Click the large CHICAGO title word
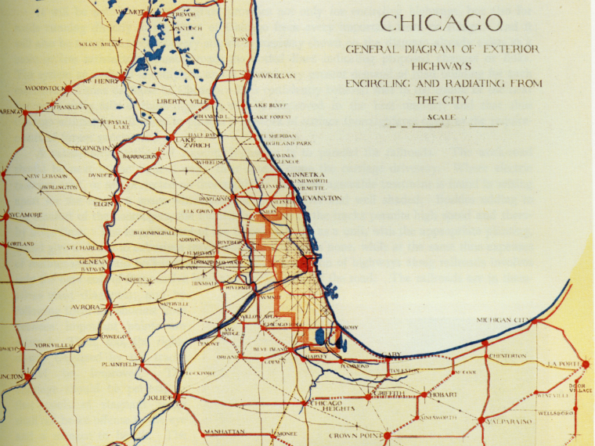pyautogui.click(x=442, y=22)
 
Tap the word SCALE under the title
pyautogui.click(x=442, y=117)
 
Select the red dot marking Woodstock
pyautogui.click(x=68, y=88)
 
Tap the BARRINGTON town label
pyautogui.click(x=139, y=157)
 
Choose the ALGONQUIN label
pyautogui.click(x=92, y=146)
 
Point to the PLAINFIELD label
pyautogui.click(x=120, y=364)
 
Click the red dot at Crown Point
pyautogui.click(x=386, y=435)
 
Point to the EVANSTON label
pyautogui.click(x=320, y=198)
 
